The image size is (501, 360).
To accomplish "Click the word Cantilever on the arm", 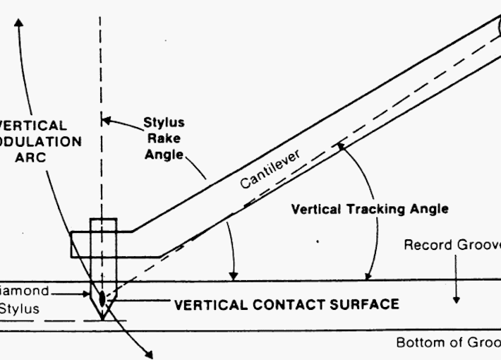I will tap(270, 169).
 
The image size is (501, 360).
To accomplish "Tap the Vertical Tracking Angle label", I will tap(370, 209).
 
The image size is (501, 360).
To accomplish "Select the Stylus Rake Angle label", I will tap(164, 138).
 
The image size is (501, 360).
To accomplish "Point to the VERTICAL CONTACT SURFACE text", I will tap(286, 305).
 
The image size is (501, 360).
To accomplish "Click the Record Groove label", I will tap(452, 246).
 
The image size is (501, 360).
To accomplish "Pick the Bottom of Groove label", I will tap(448, 343).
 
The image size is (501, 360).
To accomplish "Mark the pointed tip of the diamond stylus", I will tap(102, 318).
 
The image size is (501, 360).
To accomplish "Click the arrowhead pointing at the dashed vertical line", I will tap(106, 120).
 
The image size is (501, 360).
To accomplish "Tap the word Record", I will tap(426, 246).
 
